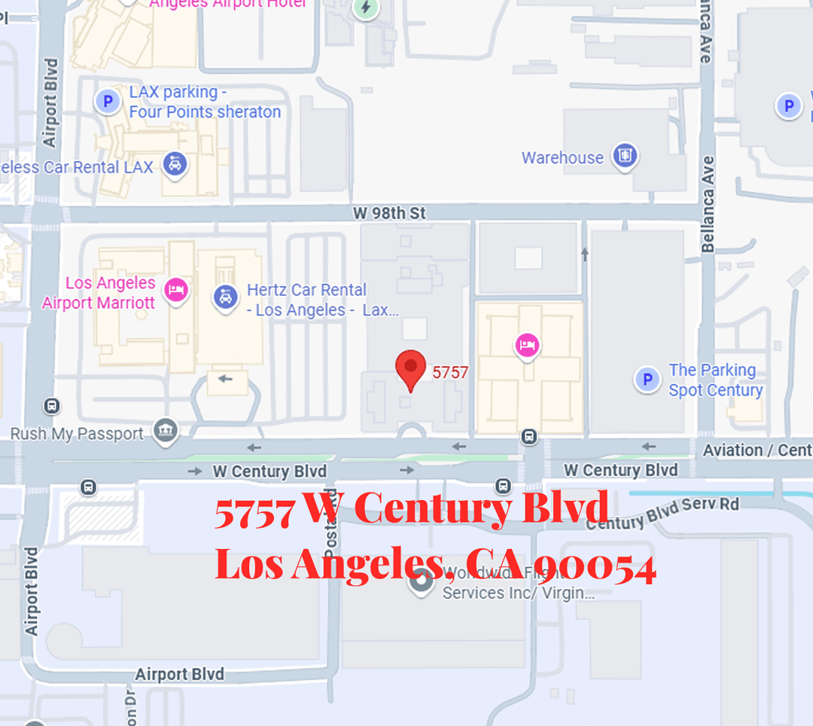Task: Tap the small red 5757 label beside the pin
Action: point(450,372)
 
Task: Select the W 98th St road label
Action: point(389,214)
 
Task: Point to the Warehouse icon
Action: point(624,157)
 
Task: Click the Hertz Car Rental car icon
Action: point(225,297)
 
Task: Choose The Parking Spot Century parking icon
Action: point(647,380)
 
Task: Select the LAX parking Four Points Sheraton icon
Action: point(108,101)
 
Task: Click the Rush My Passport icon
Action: point(165,432)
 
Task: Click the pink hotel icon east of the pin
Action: point(527,346)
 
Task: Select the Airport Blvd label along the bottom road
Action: point(179,673)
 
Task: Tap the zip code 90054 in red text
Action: point(598,566)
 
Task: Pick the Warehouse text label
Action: point(562,158)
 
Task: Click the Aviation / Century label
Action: point(756,450)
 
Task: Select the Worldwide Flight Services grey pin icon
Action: point(421,581)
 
